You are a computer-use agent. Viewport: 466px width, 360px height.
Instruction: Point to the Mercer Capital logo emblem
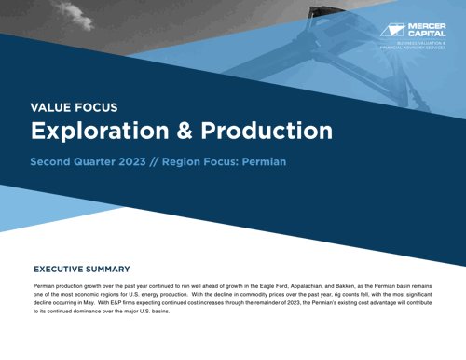tap(394, 29)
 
